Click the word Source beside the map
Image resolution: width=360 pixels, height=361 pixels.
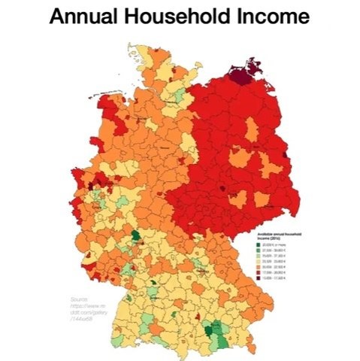[x=78, y=299]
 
